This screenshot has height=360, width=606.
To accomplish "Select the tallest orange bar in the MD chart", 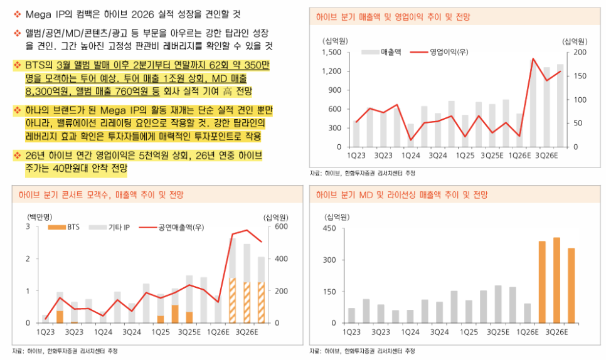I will pos(556,280).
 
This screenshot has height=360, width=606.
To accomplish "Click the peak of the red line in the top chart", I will pos(533,59).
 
